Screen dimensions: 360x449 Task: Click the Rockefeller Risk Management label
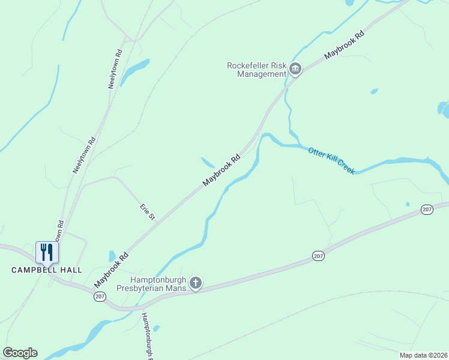point(256,70)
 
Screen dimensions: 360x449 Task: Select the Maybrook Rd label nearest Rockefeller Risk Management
point(344,45)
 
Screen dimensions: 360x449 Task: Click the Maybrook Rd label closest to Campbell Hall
point(112,269)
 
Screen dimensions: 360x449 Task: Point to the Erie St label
point(148,212)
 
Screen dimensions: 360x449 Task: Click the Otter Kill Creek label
point(331,160)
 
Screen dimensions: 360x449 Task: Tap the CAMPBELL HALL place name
point(47,270)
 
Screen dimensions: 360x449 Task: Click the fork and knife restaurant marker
point(47,252)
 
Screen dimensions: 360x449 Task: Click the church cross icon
point(195,283)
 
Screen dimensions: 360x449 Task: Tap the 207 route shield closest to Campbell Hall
point(100,296)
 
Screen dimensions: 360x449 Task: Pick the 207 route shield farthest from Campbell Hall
point(427,209)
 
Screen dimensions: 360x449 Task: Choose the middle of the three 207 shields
point(318,256)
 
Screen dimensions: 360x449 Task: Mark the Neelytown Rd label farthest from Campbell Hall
point(115,68)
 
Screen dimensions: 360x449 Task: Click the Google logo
point(20,353)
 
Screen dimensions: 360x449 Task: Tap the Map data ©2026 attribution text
point(423,355)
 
